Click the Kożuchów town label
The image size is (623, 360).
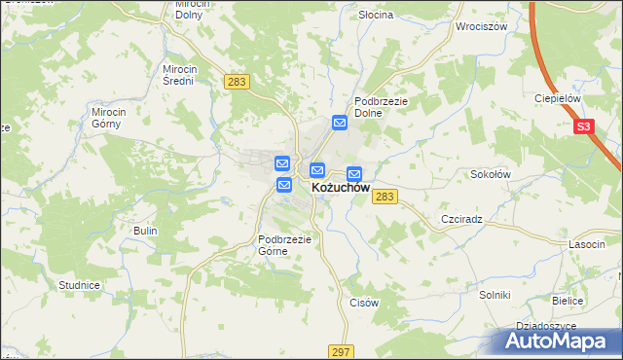click(x=340, y=188)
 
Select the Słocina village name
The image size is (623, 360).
click(x=375, y=16)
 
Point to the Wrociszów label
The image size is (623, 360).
click(x=482, y=26)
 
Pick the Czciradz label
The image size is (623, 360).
click(x=461, y=220)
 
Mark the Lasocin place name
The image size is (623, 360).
click(x=588, y=245)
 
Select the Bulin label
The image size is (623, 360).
click(x=145, y=230)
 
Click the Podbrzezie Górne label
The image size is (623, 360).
click(x=283, y=244)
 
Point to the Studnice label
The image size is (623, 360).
click(x=80, y=285)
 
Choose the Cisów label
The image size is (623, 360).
click(x=363, y=303)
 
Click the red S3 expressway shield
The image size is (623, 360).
click(x=583, y=126)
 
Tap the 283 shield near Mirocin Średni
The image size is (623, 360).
click(x=236, y=82)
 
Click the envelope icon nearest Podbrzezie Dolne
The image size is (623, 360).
click(x=340, y=123)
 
